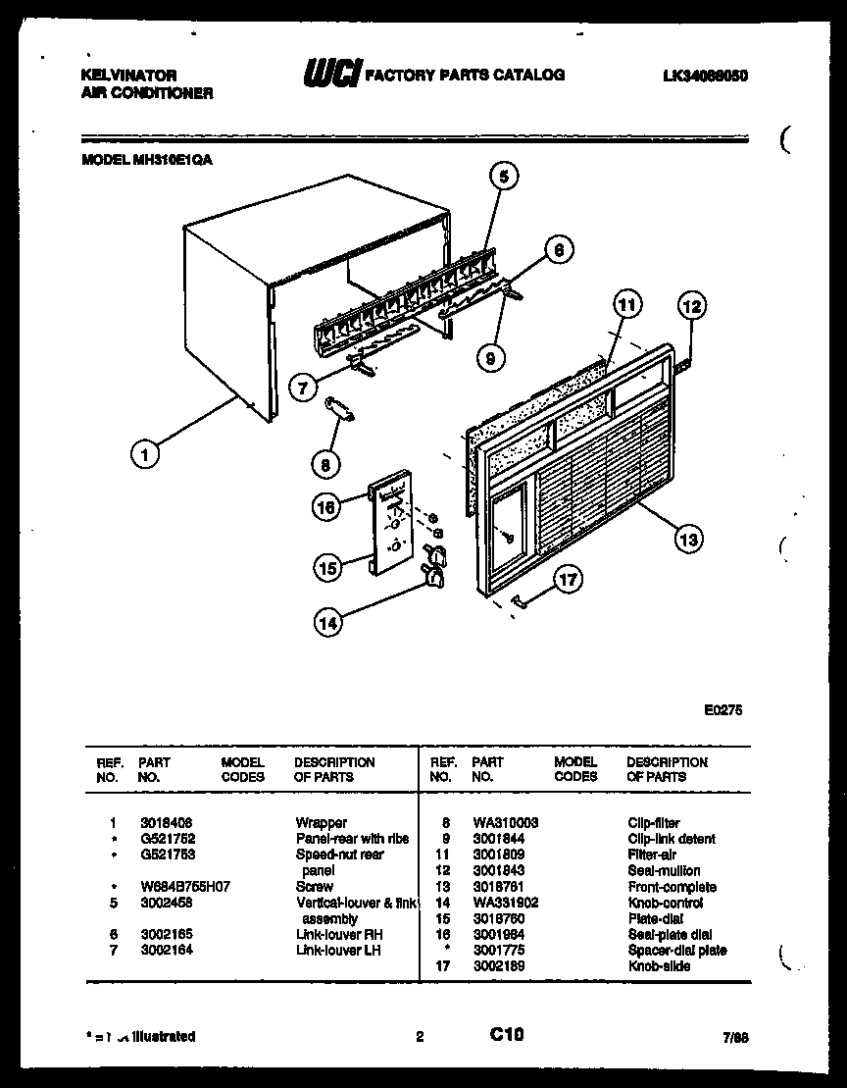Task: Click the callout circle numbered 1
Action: (x=145, y=453)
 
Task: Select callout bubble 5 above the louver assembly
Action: (x=503, y=177)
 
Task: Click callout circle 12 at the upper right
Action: (x=692, y=307)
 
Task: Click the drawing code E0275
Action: (x=722, y=713)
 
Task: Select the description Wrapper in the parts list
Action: (x=322, y=823)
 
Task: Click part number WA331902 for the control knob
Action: (x=505, y=903)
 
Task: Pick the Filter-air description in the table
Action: (x=652, y=855)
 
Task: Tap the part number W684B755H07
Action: (x=185, y=887)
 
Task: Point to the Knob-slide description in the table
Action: (x=659, y=966)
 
